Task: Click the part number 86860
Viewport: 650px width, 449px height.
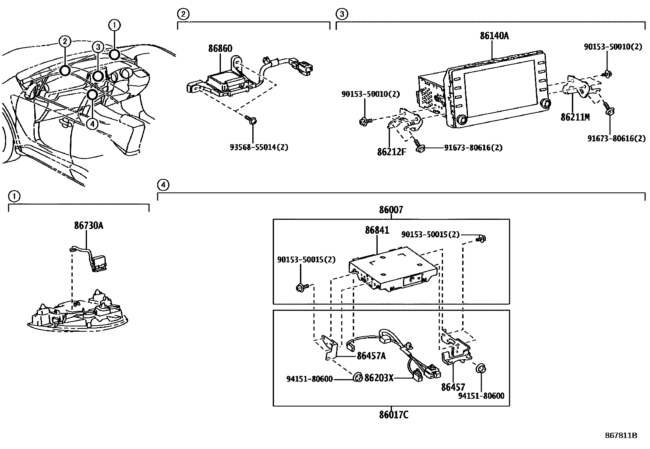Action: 220,49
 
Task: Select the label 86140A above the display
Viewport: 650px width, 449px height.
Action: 494,36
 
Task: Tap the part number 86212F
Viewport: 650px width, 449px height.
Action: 392,152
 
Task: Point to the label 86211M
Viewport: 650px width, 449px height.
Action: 575,117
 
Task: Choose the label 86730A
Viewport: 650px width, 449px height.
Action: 89,225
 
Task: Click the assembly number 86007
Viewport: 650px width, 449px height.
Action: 391,210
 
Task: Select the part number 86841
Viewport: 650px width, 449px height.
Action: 377,230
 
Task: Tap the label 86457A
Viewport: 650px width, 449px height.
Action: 371,356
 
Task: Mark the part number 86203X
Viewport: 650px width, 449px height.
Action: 378,378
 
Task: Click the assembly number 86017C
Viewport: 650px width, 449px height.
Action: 393,415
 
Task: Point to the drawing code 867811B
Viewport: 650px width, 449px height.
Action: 621,435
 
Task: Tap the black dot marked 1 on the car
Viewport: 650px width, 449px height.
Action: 114,54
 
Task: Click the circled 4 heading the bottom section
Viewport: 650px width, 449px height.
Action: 162,185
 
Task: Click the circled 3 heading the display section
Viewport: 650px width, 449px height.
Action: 341,14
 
